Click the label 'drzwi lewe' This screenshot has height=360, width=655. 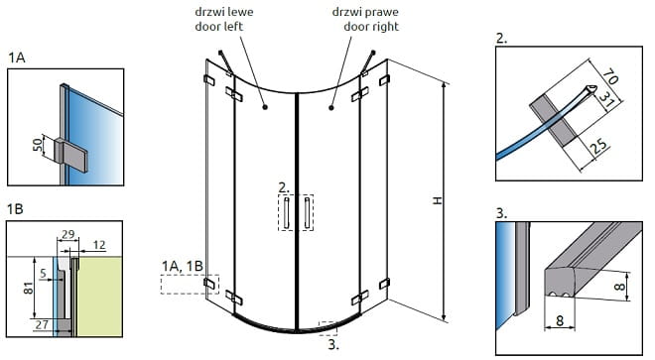(224, 12)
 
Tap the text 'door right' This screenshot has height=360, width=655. (371, 27)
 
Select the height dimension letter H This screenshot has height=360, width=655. (437, 200)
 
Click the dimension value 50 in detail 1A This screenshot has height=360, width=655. (38, 145)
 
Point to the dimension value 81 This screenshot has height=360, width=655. (28, 288)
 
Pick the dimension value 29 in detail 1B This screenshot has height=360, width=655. (67, 234)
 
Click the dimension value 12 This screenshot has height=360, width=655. (98, 245)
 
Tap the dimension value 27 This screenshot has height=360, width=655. (42, 324)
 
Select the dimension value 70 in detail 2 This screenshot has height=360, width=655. (609, 76)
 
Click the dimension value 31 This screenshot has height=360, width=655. (606, 99)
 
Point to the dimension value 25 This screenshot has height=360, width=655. (598, 146)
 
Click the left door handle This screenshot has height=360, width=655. (286, 213)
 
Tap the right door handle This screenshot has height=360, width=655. (307, 213)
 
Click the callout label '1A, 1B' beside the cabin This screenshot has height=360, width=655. (183, 266)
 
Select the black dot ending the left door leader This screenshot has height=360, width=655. (265, 107)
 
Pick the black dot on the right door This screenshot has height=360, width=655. (331, 108)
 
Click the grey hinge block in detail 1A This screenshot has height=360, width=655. (70, 154)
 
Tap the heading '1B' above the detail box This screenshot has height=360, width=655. (15, 209)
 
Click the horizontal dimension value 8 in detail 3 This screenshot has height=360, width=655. (560, 320)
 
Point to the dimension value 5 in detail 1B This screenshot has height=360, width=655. (43, 274)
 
